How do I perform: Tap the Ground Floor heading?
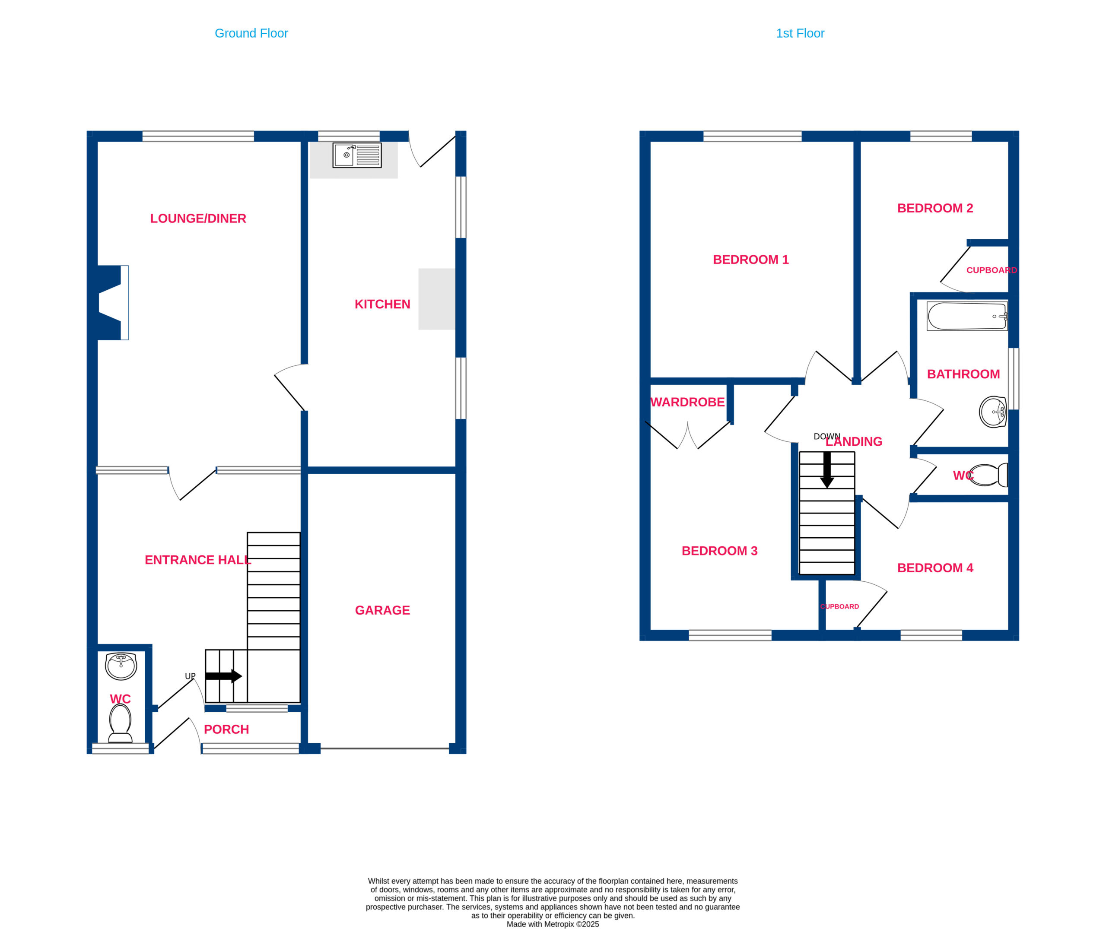(251, 33)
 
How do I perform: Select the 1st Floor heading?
(800, 33)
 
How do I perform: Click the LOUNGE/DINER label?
(198, 219)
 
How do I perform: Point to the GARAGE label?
(382, 610)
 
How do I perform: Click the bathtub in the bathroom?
(967, 316)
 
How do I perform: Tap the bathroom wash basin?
(993, 412)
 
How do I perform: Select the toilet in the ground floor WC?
(120, 723)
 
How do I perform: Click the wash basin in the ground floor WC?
(121, 666)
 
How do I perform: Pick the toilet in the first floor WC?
(988, 475)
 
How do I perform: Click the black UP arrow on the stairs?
(224, 676)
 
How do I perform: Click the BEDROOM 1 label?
(750, 260)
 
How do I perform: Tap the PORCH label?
(226, 729)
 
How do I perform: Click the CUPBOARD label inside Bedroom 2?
(992, 270)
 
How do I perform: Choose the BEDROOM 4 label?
(935, 568)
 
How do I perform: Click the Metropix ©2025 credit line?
(553, 924)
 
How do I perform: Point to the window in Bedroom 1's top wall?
(753, 136)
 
